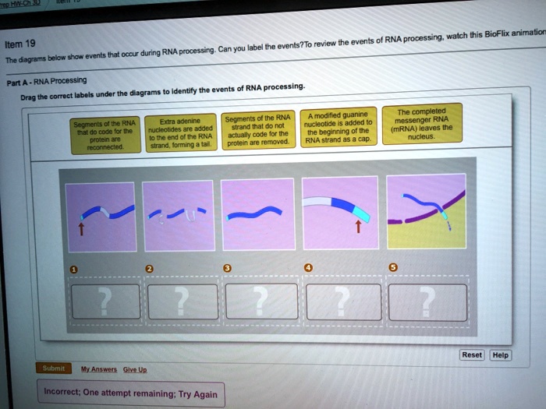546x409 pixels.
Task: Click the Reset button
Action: point(472,354)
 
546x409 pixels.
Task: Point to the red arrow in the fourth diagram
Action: point(356,227)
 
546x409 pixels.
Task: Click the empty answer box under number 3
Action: point(261,300)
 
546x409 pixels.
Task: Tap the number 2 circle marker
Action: point(151,269)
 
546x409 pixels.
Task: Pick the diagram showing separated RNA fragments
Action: point(179,215)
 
